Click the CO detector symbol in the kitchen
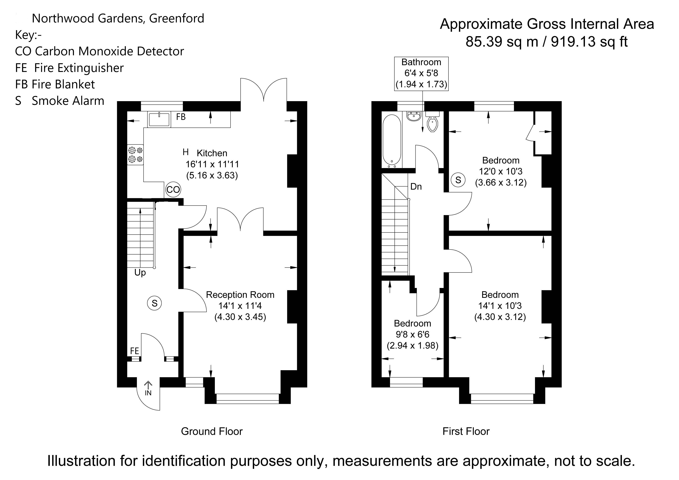[x=173, y=190]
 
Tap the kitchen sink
[x=159, y=119]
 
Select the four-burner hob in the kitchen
[x=135, y=155]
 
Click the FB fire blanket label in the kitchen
[x=181, y=117]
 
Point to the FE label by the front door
[x=135, y=351]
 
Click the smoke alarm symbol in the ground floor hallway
[x=154, y=303]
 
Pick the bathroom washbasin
[x=414, y=116]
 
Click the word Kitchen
[x=212, y=153]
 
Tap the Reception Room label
[x=240, y=295]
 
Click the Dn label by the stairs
[x=416, y=186]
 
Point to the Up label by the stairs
[x=140, y=272]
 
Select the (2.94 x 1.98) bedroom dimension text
[x=412, y=346]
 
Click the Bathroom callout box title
[x=421, y=62]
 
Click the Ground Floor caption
[x=212, y=431]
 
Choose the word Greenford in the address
[x=177, y=18]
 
